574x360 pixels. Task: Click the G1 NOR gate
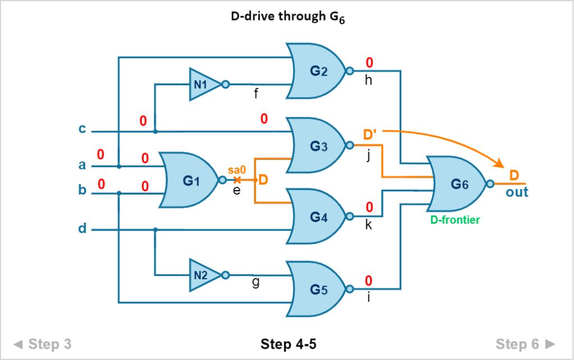188,180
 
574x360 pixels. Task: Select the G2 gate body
317,71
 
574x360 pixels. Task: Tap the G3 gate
317,145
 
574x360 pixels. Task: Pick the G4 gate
317,216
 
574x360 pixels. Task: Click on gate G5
317,289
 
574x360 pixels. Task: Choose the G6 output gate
457,184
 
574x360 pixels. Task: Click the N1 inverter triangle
205,85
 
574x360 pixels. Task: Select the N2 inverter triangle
205,275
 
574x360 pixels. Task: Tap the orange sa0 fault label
237,170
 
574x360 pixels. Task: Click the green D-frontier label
455,220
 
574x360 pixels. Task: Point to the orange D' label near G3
370,135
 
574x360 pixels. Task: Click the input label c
82,129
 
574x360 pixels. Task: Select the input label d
82,228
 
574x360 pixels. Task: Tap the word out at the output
517,192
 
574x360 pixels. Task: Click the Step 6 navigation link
525,344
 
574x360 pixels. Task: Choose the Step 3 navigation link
43,344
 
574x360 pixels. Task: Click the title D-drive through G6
288,17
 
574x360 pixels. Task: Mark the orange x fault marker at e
237,180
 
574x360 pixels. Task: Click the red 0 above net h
369,63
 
